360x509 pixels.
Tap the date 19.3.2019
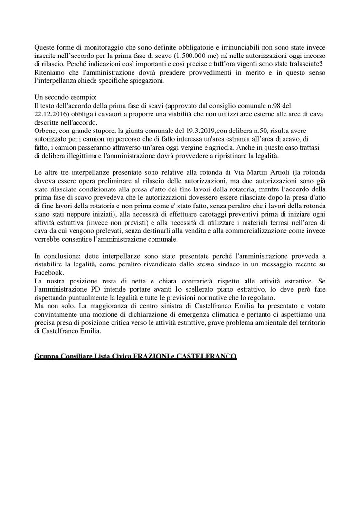(x=172, y=131)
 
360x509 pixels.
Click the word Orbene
(x=45, y=131)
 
